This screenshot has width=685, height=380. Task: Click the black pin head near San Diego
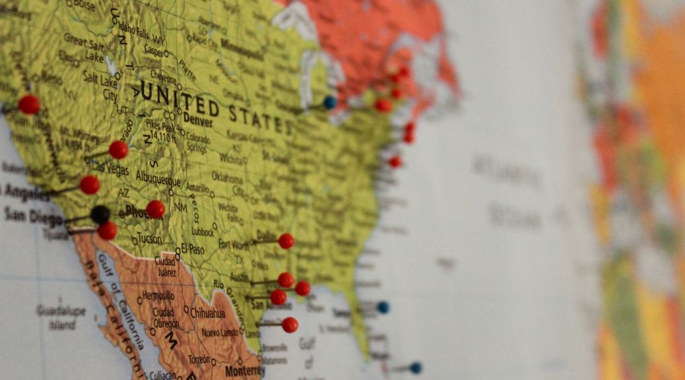(100, 214)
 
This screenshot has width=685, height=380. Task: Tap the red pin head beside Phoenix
(155, 209)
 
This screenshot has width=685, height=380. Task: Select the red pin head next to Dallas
(286, 241)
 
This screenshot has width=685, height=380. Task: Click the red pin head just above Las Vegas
(118, 150)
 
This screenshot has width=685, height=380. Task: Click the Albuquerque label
(158, 179)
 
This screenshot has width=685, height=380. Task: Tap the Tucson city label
(149, 239)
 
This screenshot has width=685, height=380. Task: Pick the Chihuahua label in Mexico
(207, 313)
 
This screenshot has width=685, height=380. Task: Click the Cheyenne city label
(163, 76)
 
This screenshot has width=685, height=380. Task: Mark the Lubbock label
(203, 232)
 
